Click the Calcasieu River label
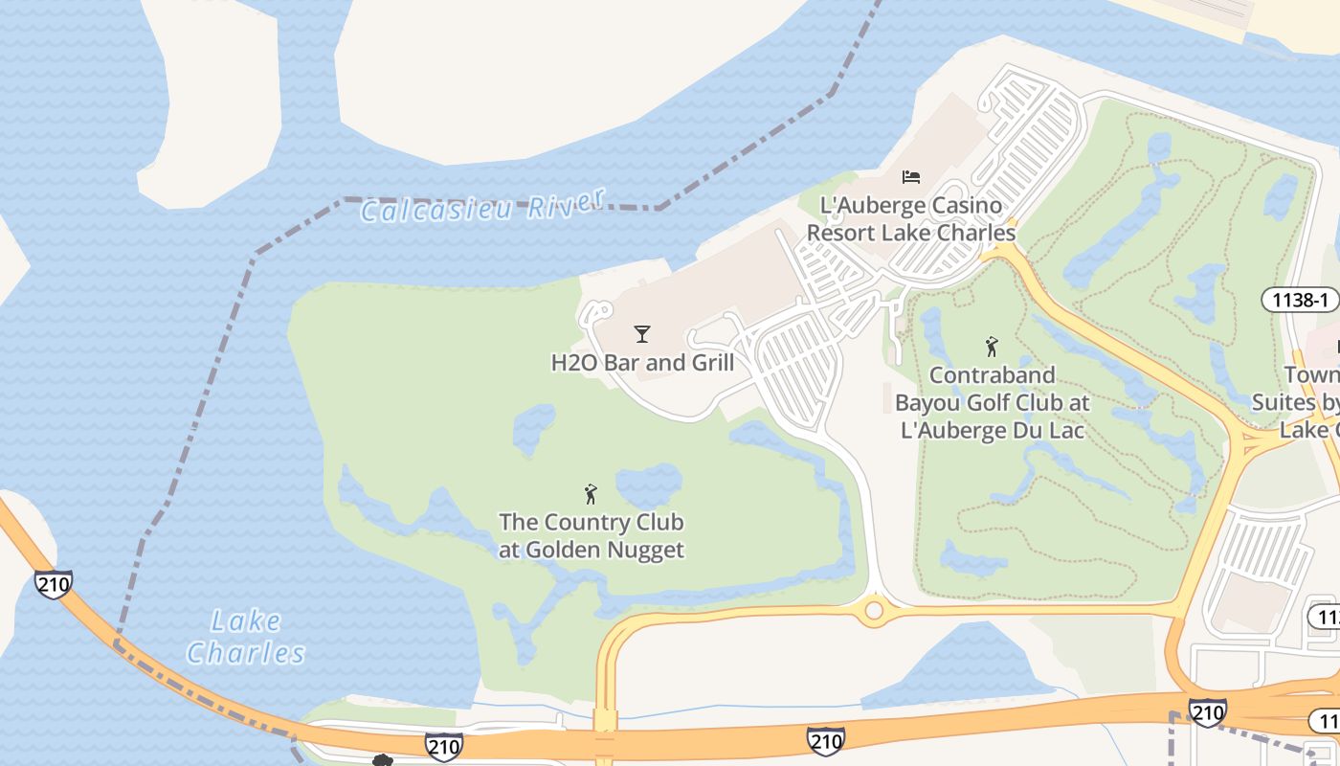[x=483, y=206]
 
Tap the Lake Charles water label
[x=246, y=638]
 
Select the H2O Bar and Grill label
[x=642, y=363]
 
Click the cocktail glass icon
[x=642, y=334]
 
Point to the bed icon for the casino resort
[x=911, y=176]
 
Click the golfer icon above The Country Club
[x=591, y=494]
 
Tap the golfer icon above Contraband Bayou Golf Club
[x=992, y=347]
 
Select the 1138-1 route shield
[x=1300, y=300]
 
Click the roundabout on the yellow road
[x=873, y=610]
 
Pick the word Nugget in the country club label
[x=647, y=550]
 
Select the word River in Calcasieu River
[x=570, y=202]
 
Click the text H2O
[x=572, y=363]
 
